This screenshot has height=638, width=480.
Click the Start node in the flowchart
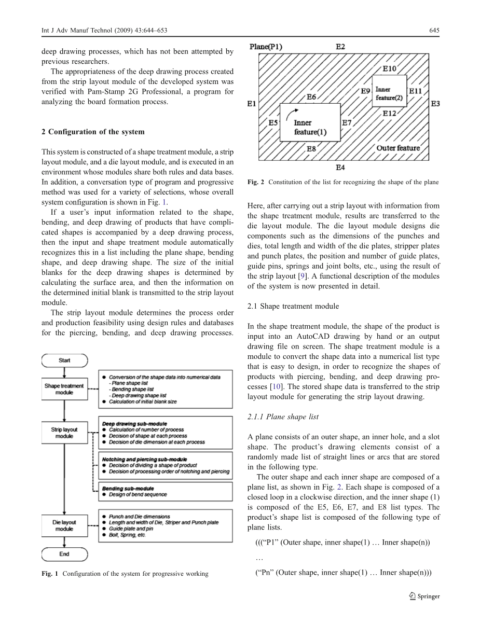64,360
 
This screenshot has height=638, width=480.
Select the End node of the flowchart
64,554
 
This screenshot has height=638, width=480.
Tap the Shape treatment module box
64,389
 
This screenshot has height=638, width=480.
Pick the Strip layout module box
64,433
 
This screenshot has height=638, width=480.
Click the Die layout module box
64,525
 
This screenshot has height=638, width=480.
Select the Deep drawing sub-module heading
134,424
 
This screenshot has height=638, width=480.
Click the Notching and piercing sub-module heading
144,460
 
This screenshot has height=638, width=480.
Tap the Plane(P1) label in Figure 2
266,47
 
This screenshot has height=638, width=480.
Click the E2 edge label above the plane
340,47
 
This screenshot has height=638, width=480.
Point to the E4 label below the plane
340,168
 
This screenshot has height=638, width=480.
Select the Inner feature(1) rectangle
310,122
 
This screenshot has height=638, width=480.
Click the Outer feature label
398,148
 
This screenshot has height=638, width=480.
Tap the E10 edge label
389,68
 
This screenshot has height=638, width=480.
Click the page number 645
434,31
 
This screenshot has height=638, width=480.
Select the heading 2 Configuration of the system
93,131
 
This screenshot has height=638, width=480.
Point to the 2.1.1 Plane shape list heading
283,417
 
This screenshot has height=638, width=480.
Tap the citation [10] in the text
275,387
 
